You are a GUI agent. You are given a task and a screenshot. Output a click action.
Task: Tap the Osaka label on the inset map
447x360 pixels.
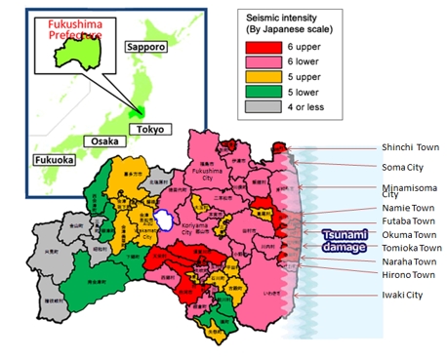pos(105,140)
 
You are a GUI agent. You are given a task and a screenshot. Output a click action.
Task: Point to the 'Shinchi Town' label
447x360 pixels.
pos(410,147)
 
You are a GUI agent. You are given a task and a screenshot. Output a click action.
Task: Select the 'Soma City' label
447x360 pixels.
pos(404,168)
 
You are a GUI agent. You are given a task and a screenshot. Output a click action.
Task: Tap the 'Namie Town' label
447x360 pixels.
pos(407,208)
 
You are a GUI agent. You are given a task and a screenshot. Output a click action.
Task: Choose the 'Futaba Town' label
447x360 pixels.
pos(408,221)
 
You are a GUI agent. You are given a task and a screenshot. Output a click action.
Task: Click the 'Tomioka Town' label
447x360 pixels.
pos(411,249)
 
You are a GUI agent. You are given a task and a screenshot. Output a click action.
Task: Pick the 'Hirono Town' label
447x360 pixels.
pos(409,275)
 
